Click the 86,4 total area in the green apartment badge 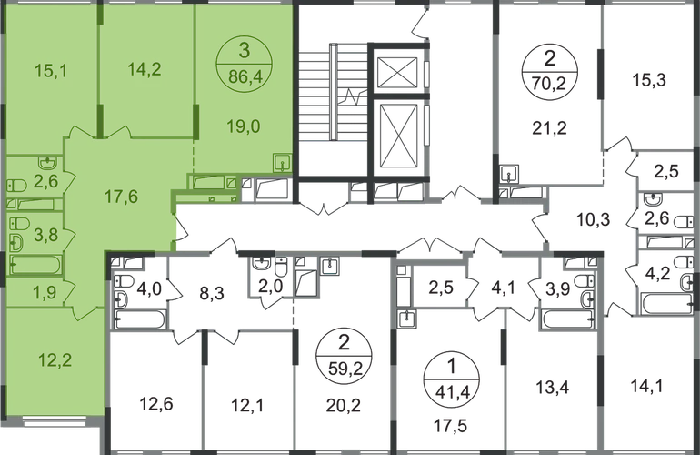(x=244, y=76)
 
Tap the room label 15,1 (x=51, y=71)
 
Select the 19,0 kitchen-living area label (x=244, y=126)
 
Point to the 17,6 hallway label (x=121, y=197)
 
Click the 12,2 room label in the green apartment (x=55, y=359)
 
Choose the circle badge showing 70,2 (x=550, y=71)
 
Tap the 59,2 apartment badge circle (x=344, y=356)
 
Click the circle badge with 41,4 (x=451, y=380)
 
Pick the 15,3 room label (x=649, y=80)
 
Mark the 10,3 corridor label (x=594, y=220)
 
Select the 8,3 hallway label (x=212, y=294)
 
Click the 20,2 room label (x=344, y=405)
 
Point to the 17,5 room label (x=450, y=426)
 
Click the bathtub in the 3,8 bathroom (x=35, y=264)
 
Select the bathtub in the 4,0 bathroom (x=140, y=319)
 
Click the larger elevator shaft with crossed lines (x=397, y=136)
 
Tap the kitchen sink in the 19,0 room (x=283, y=162)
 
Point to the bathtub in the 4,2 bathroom (x=668, y=303)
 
